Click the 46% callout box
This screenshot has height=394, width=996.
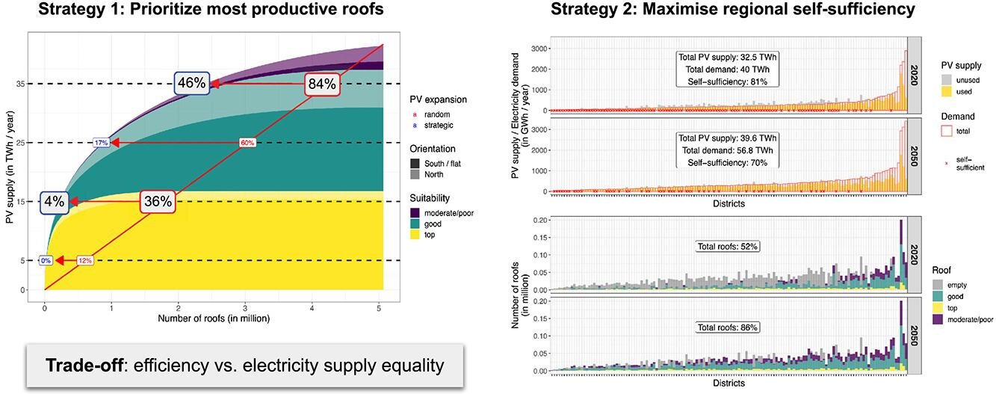pyautogui.click(x=191, y=83)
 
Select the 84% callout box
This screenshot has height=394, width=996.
pyautogui.click(x=322, y=84)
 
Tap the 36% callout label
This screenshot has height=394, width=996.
pyautogui.click(x=158, y=201)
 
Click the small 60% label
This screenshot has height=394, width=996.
pyautogui.click(x=247, y=142)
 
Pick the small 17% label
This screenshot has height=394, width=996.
pyautogui.click(x=101, y=142)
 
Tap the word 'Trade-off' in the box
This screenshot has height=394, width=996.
pyautogui.click(x=81, y=366)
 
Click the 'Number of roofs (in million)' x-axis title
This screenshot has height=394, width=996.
pyautogui.click(x=214, y=318)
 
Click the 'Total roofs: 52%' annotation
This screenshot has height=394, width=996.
pyautogui.click(x=728, y=246)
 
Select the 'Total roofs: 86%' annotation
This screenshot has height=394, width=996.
pyautogui.click(x=728, y=327)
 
